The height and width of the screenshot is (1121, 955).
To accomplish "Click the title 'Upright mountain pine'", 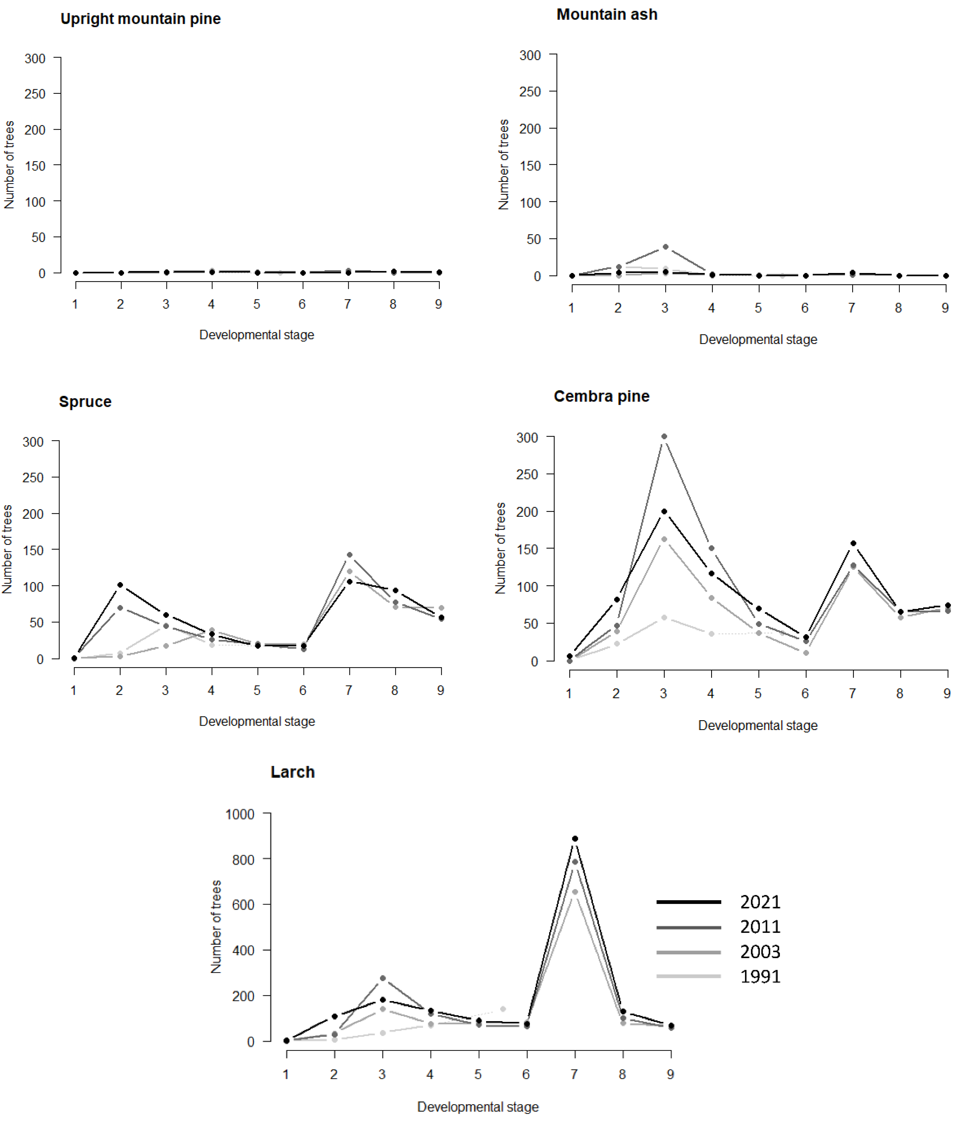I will (x=140, y=19).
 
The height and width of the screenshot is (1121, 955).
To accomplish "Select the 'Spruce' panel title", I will (x=85, y=401).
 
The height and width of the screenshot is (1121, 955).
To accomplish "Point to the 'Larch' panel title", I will (x=292, y=772).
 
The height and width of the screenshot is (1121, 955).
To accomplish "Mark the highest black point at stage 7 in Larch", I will (x=575, y=839).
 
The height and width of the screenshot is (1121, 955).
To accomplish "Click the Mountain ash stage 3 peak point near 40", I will (x=665, y=247).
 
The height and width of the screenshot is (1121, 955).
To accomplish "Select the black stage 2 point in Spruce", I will (x=120, y=585).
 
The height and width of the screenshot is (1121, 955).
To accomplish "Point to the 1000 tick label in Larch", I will (x=240, y=814).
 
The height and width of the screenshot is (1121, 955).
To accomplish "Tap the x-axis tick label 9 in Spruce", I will (x=440, y=690).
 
